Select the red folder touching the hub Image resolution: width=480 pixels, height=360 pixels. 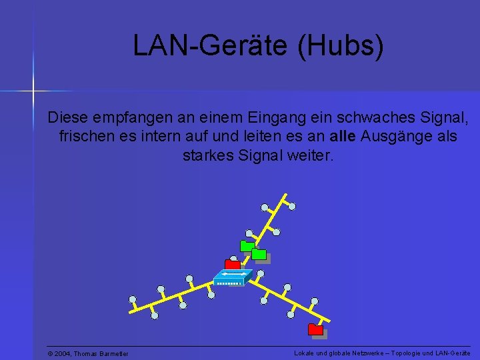[x=232, y=264]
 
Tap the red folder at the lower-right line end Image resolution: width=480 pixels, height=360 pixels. [x=315, y=329]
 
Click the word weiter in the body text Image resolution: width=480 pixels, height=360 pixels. [x=313, y=156]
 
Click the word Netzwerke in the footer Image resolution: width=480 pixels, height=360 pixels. [x=361, y=353]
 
